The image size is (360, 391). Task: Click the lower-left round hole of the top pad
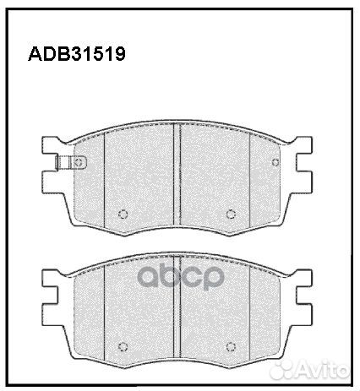[123, 212]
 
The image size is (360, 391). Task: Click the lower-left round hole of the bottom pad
[123, 345]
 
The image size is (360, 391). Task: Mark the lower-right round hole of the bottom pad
[231, 345]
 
